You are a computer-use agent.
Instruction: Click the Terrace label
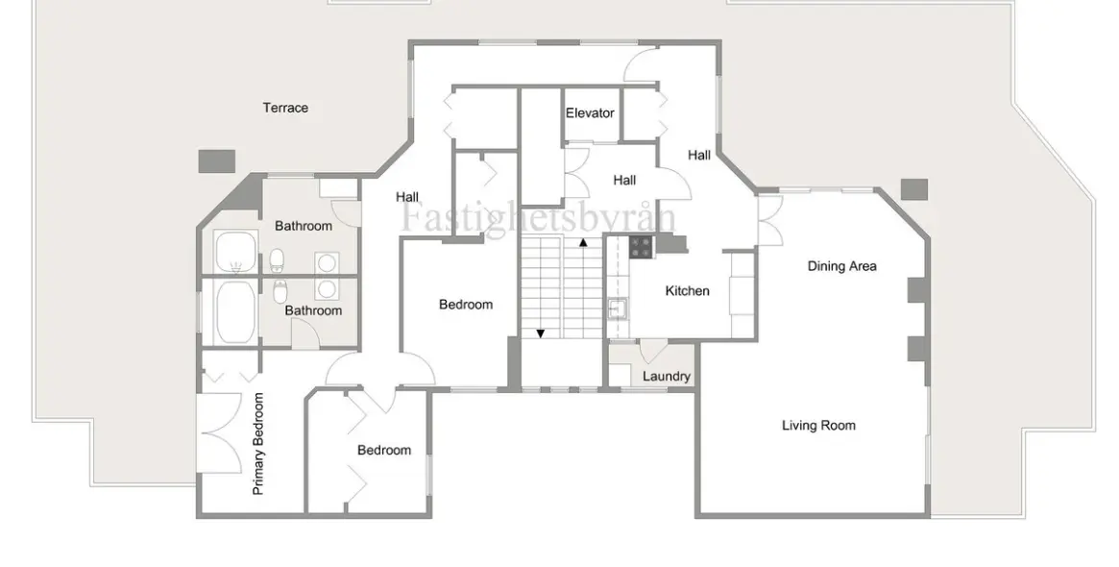[285, 108]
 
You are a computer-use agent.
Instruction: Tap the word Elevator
[590, 112]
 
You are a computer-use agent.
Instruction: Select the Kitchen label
[687, 290]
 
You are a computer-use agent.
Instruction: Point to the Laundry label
[667, 377]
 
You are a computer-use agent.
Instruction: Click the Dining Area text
[842, 266]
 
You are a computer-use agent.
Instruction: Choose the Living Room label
[818, 426]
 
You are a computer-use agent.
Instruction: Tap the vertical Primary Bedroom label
[258, 443]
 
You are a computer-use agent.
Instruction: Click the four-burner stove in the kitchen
[641, 247]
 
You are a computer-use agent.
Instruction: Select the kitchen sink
[618, 309]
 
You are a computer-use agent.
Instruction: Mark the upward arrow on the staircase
[583, 243]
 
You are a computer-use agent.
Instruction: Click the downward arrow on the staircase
[540, 333]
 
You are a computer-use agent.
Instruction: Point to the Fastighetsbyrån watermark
[538, 216]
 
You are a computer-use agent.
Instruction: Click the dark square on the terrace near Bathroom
[216, 160]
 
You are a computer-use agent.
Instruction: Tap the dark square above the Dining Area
[914, 189]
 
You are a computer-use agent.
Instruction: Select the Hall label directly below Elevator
[624, 181]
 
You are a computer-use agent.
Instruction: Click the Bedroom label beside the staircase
[466, 305]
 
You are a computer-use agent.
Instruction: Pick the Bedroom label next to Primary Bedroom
[384, 450]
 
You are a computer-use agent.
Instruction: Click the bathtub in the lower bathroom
[235, 312]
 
